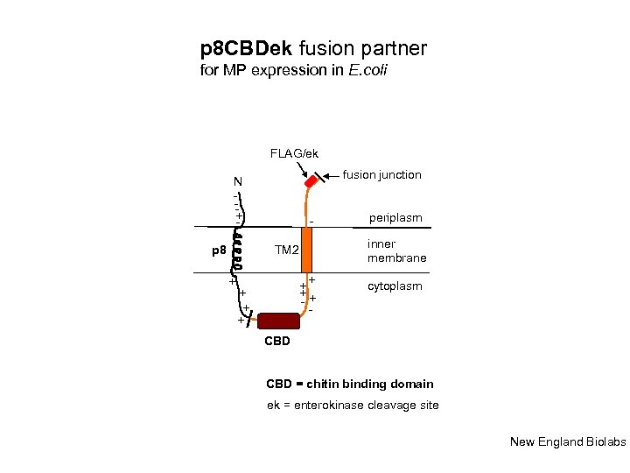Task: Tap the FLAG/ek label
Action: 294,153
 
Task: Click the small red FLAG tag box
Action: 311,184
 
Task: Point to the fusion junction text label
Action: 381,175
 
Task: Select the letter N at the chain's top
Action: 237,182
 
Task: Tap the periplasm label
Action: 395,217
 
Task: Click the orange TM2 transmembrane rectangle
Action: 306,250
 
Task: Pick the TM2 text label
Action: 286,251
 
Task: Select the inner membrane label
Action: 397,251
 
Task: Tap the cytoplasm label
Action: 395,286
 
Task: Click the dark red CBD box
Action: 278,321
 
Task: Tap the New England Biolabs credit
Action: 568,441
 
